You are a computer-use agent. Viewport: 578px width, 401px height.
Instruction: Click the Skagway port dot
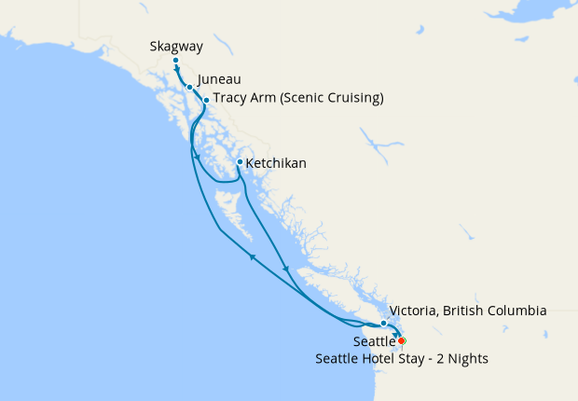175,62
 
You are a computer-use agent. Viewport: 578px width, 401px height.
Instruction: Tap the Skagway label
175,45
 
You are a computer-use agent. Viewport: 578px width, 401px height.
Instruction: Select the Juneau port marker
189,88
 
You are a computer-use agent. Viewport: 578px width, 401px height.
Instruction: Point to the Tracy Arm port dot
205,99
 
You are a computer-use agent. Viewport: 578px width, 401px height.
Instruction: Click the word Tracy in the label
229,98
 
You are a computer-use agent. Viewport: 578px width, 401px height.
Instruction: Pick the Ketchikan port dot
240,162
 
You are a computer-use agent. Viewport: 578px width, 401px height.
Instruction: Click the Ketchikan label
276,163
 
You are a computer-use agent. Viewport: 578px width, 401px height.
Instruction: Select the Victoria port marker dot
383,323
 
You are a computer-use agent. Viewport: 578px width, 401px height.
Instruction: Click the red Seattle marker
401,340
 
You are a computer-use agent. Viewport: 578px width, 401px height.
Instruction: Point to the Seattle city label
373,342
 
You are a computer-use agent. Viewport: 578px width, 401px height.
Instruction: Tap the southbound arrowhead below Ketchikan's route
286,270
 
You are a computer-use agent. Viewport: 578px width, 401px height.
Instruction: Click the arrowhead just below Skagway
177,69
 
